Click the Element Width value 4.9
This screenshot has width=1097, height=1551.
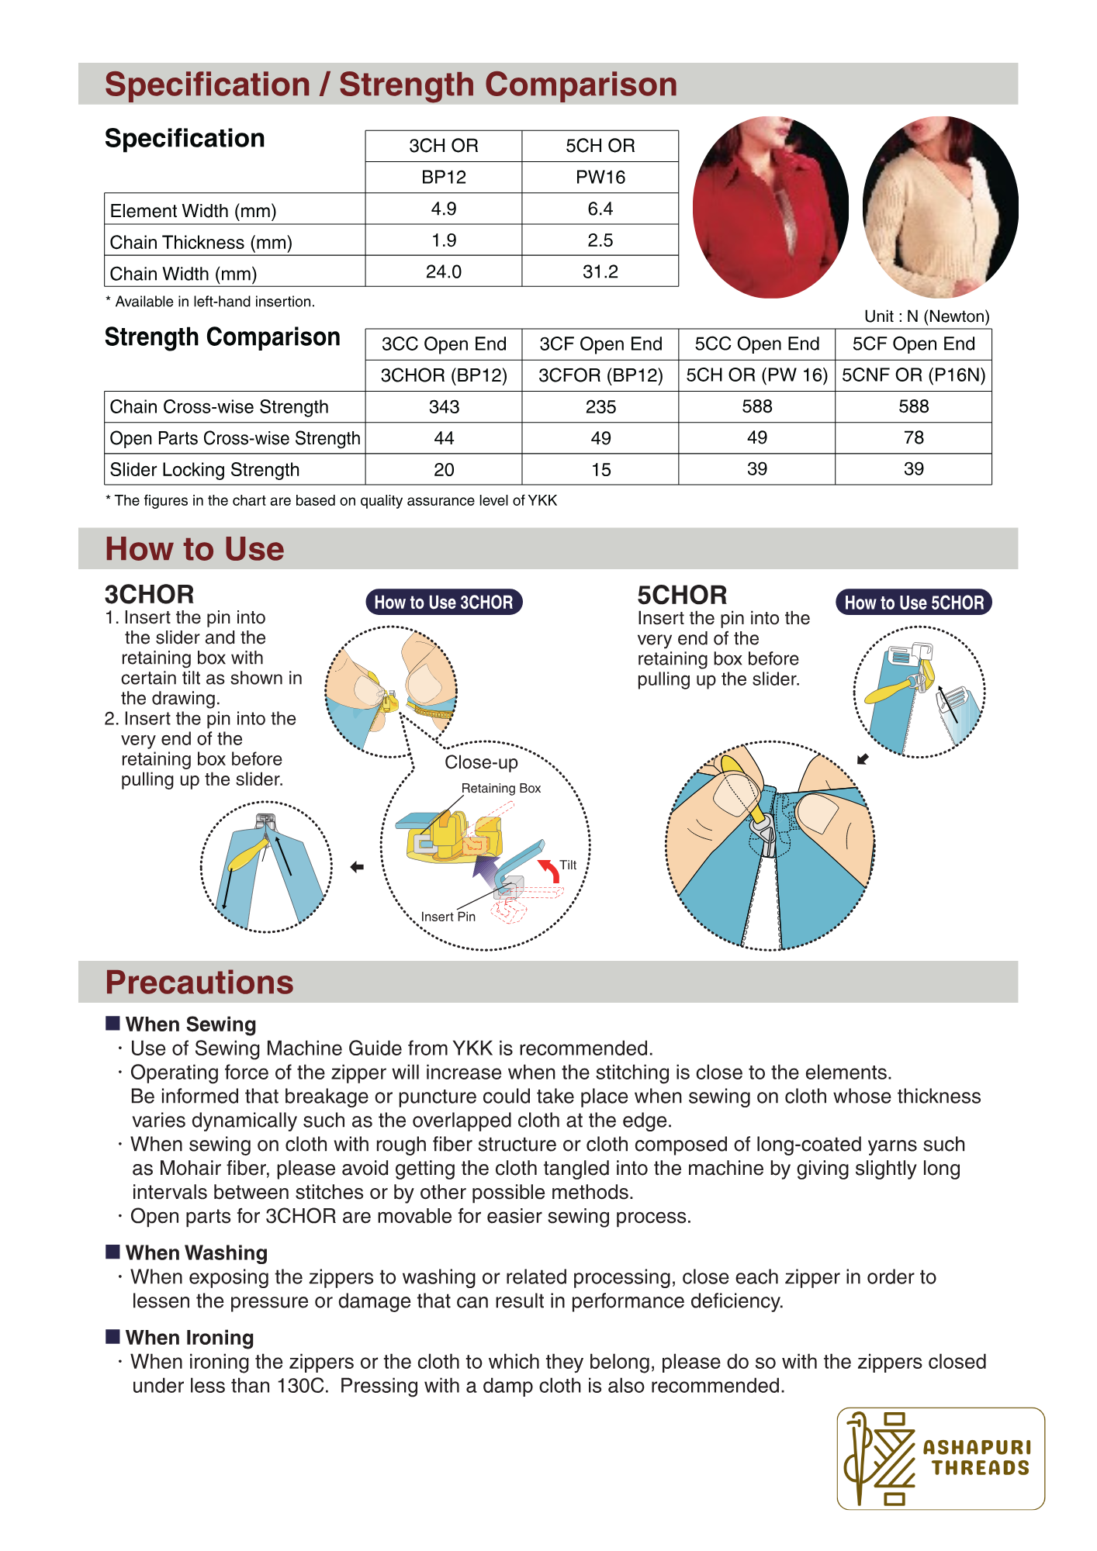[444, 209]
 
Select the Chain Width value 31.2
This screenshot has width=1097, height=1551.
[600, 272]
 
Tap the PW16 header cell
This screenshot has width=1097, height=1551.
[600, 178]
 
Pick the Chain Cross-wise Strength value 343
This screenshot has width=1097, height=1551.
[444, 407]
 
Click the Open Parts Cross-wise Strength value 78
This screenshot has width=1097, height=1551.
[913, 438]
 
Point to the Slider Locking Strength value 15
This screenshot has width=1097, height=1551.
[600, 470]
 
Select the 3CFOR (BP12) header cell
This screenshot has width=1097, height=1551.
[600, 375]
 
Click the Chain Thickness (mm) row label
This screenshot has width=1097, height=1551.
[201, 243]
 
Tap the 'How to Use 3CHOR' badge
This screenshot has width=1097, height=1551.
[444, 603]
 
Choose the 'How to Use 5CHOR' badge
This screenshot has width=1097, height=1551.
[913, 603]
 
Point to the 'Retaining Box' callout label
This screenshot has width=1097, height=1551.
[500, 789]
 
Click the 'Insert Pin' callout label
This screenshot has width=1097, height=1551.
[448, 917]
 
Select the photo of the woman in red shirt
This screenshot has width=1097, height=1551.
[770, 207]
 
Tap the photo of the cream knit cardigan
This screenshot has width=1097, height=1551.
[940, 207]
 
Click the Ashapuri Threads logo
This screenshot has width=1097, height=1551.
[940, 1458]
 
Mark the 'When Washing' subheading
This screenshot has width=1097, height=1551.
[196, 1253]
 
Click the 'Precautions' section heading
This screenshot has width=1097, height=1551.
[199, 983]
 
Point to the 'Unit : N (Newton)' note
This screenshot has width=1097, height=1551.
[926, 316]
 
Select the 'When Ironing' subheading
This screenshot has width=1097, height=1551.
[189, 1338]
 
